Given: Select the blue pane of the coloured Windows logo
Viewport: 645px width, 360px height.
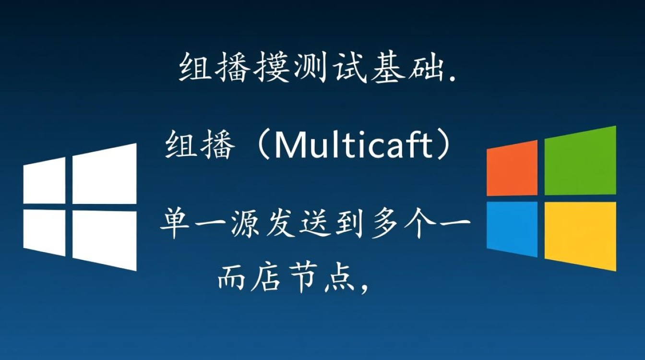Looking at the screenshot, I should (x=512, y=228).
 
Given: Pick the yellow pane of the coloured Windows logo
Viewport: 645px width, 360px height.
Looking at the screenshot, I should (x=580, y=235).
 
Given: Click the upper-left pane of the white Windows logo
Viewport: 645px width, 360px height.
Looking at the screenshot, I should (x=44, y=181).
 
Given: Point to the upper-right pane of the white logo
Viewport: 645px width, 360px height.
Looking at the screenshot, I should (x=104, y=174).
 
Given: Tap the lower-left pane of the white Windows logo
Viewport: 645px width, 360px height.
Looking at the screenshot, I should (x=44, y=232).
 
